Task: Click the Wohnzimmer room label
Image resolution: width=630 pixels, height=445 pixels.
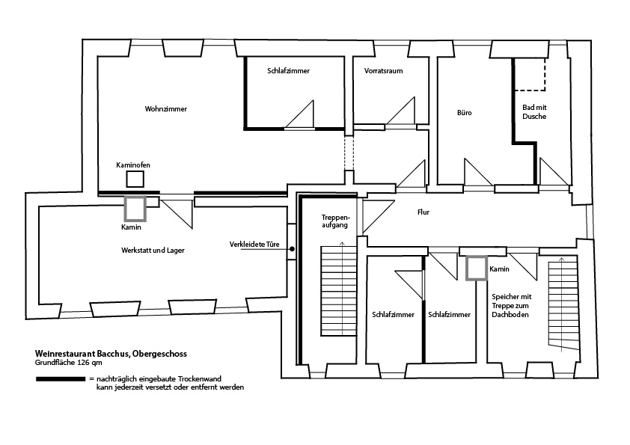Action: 165,109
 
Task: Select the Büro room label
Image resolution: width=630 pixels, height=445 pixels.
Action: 464,113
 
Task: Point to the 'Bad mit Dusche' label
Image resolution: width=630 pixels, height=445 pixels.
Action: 533,112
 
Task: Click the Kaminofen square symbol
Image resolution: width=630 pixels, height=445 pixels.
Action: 135,179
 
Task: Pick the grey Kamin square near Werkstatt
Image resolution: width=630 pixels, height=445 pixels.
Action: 135,208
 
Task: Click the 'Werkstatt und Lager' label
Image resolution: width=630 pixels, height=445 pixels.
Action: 152,250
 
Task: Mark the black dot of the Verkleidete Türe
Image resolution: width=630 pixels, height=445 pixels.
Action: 293,250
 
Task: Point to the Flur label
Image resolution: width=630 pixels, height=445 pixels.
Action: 423,212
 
